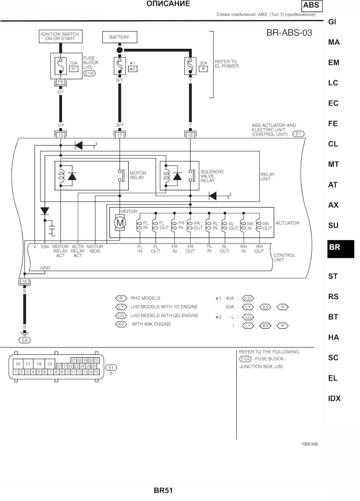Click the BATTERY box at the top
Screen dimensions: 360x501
click(120, 37)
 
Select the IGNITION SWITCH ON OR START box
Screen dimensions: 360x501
click(60, 36)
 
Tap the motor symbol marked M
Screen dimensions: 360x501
click(120, 223)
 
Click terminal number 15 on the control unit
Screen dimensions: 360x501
click(60, 135)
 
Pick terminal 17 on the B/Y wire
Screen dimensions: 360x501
click(120, 135)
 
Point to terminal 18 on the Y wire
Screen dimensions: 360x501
click(190, 135)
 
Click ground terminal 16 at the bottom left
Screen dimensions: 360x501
click(25, 281)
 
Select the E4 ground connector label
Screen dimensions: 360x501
click(25, 340)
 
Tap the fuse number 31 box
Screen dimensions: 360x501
click(73, 69)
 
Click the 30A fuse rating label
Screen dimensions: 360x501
click(203, 63)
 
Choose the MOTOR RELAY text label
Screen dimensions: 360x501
click(138, 175)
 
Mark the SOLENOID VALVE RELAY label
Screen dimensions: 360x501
click(211, 176)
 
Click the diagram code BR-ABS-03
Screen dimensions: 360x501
click(289, 33)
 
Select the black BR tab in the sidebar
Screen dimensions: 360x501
click(341, 249)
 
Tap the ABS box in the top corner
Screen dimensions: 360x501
click(312, 6)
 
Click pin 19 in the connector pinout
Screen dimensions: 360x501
click(49, 364)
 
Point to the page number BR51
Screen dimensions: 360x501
click(163, 490)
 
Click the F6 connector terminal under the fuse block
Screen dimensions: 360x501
click(60, 82)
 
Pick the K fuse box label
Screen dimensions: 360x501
click(203, 69)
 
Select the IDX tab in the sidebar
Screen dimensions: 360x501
click(334, 398)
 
